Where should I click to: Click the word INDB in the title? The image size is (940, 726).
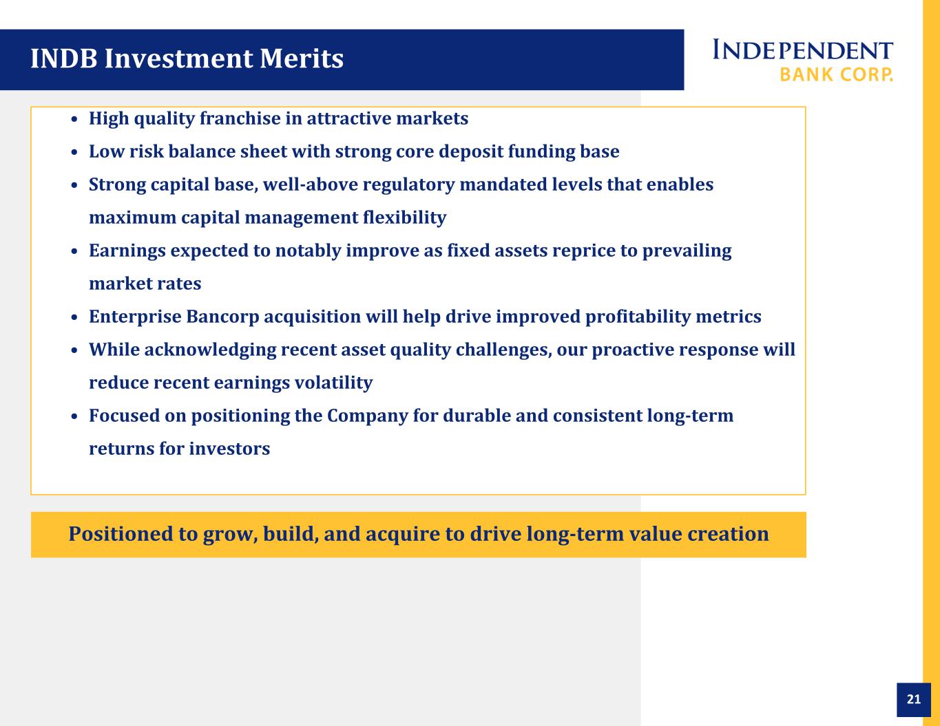(x=64, y=58)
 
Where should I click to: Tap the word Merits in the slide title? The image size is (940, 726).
(x=302, y=58)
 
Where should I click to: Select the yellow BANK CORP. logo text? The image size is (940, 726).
(x=836, y=74)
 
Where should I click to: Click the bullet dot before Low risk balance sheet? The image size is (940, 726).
(x=74, y=152)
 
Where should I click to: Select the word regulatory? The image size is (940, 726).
(x=409, y=185)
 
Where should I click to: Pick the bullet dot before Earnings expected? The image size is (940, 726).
(x=74, y=251)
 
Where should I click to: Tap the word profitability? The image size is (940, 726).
(x=638, y=317)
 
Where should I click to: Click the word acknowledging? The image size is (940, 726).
(x=210, y=350)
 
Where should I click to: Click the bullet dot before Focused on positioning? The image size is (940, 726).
(x=74, y=416)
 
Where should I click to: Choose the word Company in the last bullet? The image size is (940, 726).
(x=367, y=416)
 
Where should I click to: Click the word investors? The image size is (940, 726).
(x=229, y=449)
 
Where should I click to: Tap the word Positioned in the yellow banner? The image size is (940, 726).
(x=121, y=534)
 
